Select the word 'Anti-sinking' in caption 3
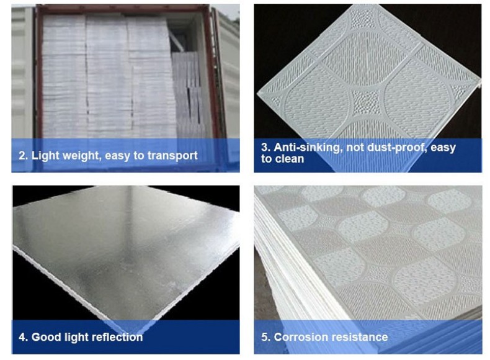click(x=307, y=147)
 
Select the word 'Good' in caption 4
click(x=47, y=337)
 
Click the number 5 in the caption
click(x=265, y=337)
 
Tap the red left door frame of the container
click(x=39, y=72)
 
